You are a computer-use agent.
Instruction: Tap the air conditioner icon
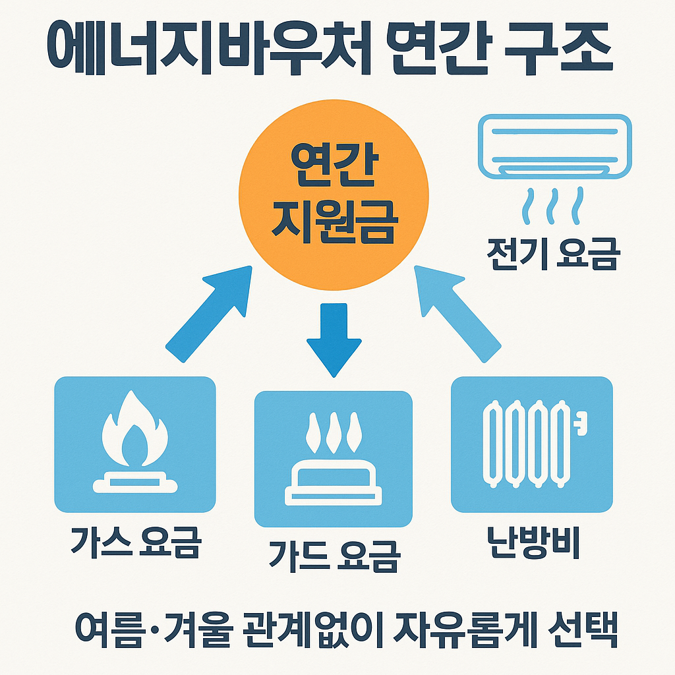pyautogui.click(x=554, y=146)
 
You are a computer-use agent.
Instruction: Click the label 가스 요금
pyautogui.click(x=134, y=542)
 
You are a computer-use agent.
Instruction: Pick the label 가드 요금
pyautogui.click(x=334, y=555)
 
